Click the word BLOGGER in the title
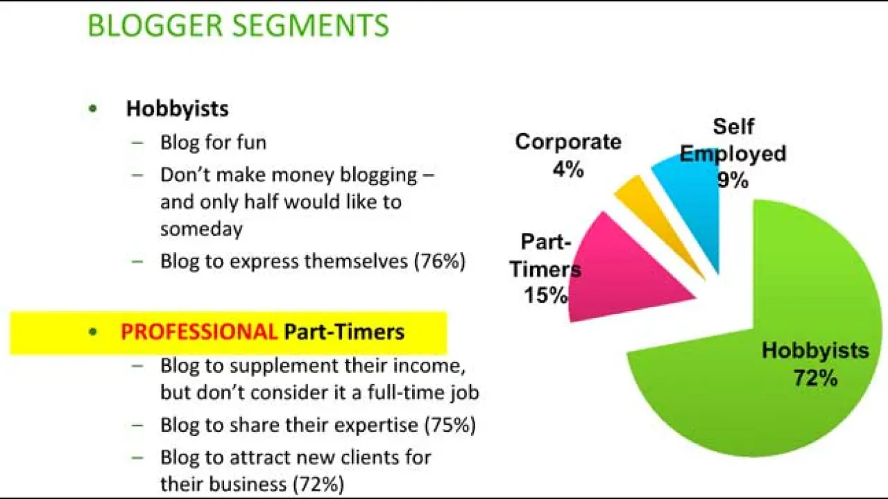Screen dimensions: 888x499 [155, 26]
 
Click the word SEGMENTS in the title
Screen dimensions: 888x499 [310, 26]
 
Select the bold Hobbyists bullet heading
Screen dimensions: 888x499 [177, 109]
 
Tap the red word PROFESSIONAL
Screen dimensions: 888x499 [199, 332]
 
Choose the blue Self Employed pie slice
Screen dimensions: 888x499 [694, 198]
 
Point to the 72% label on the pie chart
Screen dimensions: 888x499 [815, 378]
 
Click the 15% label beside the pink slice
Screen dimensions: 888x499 [546, 295]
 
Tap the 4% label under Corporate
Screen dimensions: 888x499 [568, 169]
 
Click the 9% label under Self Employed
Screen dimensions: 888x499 [733, 180]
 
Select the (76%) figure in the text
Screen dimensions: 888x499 [440, 261]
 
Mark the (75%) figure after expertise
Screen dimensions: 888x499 [450, 426]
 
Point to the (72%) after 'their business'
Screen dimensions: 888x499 [318, 484]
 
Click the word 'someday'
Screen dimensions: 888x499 [201, 229]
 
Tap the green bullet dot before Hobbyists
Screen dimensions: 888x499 [93, 109]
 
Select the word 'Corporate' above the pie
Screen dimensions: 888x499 [568, 142]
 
